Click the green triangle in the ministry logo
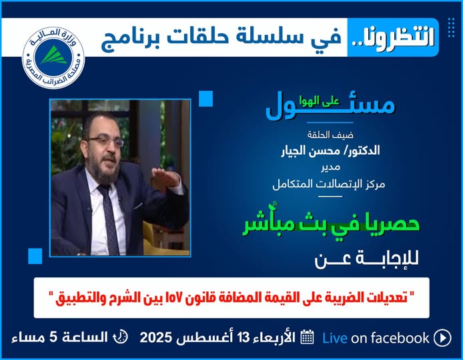(54, 55)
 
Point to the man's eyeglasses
(105, 141)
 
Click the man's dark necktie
(108, 219)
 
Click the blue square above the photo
(205, 99)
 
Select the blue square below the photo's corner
(35, 256)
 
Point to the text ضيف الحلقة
(330, 135)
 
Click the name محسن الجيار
(311, 151)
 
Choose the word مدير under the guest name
(330, 167)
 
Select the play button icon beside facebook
(442, 338)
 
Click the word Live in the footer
(334, 338)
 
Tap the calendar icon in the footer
(307, 337)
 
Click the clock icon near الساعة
(121, 337)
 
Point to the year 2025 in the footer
(156, 337)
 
